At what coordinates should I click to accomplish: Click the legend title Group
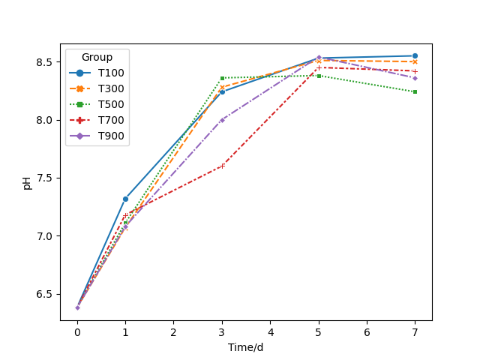(97, 57)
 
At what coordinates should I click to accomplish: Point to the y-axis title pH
(27, 182)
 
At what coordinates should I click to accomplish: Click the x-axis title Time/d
(246, 347)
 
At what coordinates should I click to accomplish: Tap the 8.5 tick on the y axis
(46, 61)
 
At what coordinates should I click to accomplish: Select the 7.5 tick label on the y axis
(46, 178)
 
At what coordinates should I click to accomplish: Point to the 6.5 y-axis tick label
(46, 294)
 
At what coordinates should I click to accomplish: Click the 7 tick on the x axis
(415, 332)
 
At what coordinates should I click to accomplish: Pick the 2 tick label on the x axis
(173, 332)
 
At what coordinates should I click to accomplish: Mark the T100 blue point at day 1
(125, 199)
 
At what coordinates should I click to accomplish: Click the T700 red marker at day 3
(222, 166)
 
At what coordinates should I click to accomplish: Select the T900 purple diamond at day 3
(222, 119)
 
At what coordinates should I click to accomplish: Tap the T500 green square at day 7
(415, 91)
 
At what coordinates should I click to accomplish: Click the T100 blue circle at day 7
(415, 55)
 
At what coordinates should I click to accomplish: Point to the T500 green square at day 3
(222, 78)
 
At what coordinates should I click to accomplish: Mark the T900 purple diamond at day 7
(415, 78)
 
